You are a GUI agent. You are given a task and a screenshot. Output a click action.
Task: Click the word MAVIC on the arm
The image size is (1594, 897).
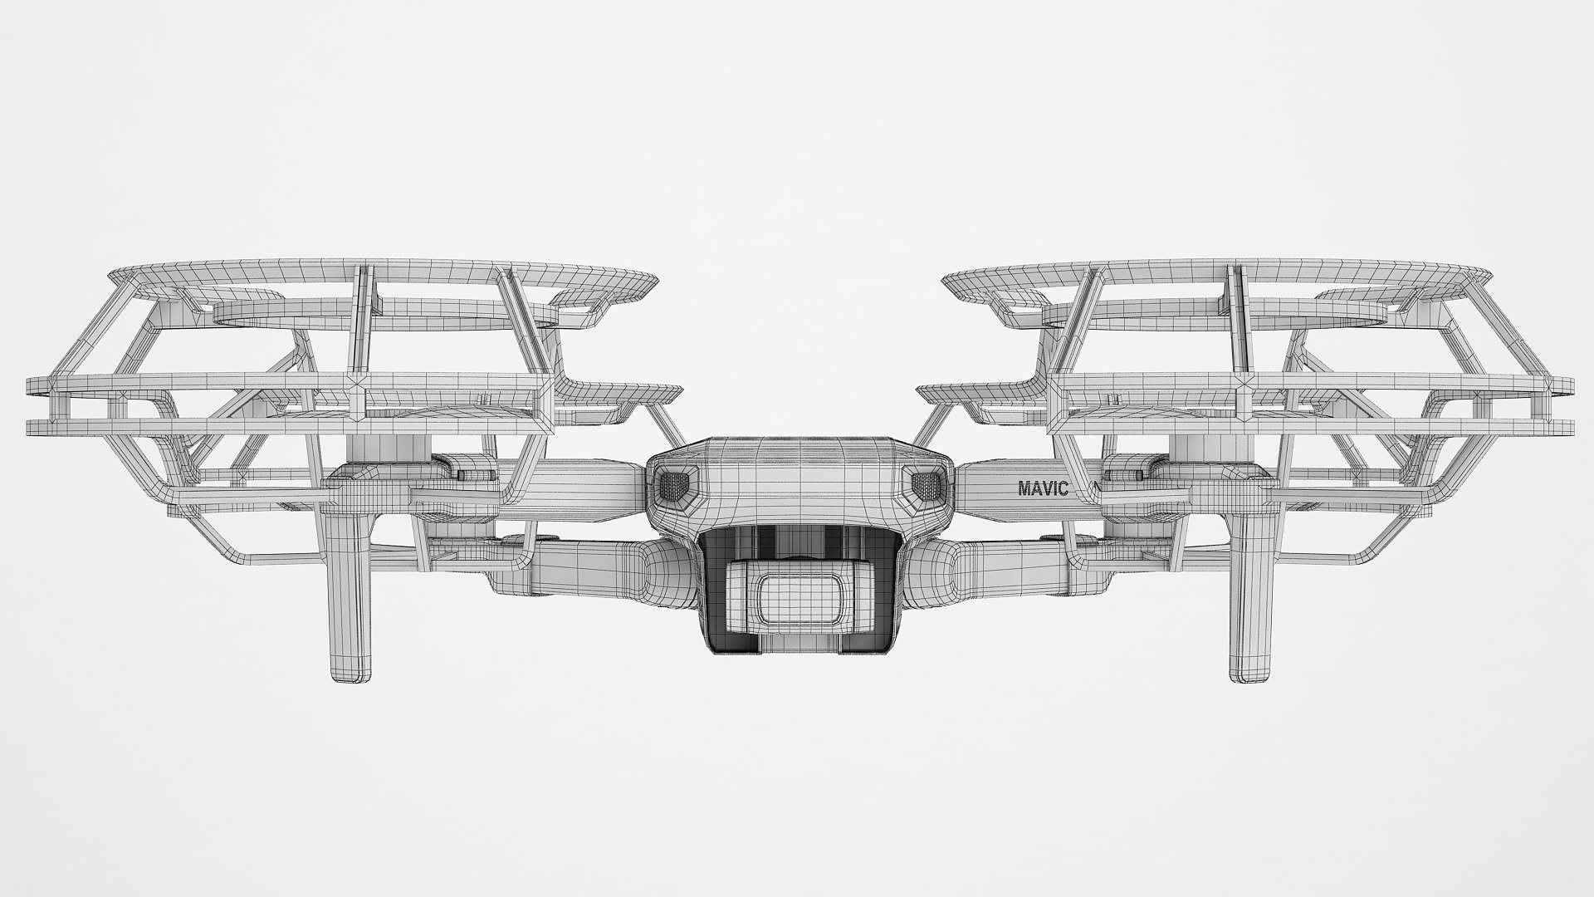point(1044,488)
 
